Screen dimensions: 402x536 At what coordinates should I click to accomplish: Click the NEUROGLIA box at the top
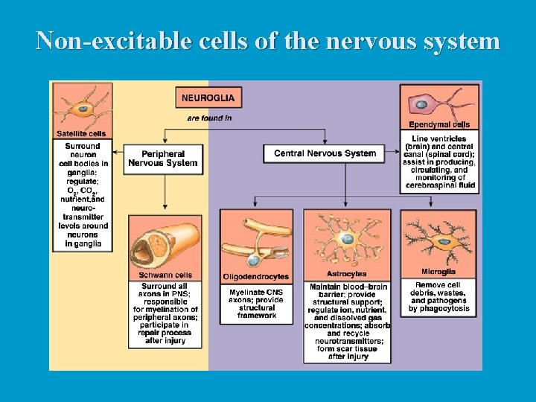208,98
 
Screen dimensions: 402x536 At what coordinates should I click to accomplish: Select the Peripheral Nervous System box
163,159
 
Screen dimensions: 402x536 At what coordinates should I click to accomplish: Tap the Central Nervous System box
325,153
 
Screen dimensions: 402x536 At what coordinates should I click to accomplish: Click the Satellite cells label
81,134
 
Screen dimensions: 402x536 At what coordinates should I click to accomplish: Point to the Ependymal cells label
439,124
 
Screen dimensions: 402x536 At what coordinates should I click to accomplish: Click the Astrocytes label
346,274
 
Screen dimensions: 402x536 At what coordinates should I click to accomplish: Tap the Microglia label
438,272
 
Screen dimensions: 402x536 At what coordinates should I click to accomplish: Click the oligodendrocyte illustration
257,242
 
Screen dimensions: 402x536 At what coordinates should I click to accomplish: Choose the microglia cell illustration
438,238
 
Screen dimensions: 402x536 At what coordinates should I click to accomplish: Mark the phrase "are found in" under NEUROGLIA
208,118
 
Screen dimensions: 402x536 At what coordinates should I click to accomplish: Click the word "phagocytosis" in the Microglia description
439,308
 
